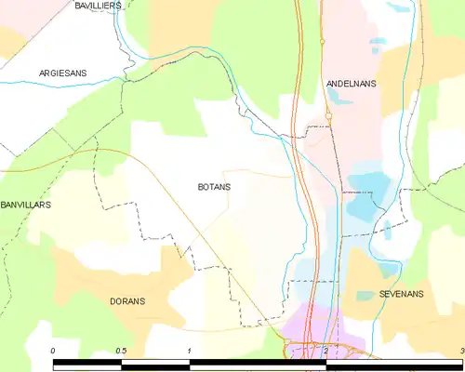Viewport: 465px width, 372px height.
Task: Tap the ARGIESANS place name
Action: click(63, 73)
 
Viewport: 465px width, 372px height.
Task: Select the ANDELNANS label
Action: click(351, 84)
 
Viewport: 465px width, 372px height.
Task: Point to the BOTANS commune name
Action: click(214, 187)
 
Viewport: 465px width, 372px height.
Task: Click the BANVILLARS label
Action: click(25, 204)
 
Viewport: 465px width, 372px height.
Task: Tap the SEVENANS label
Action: click(402, 294)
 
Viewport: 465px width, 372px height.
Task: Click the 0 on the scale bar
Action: click(53, 351)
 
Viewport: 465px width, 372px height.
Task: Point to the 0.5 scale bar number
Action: click(121, 351)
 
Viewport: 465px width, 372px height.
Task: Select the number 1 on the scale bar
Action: click(189, 351)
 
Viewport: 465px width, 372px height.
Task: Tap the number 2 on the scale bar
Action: click(325, 351)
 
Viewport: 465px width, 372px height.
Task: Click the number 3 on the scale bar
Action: click(461, 351)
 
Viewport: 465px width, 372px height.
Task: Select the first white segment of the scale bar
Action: click(86, 360)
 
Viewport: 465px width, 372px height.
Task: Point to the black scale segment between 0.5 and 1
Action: click(154, 360)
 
